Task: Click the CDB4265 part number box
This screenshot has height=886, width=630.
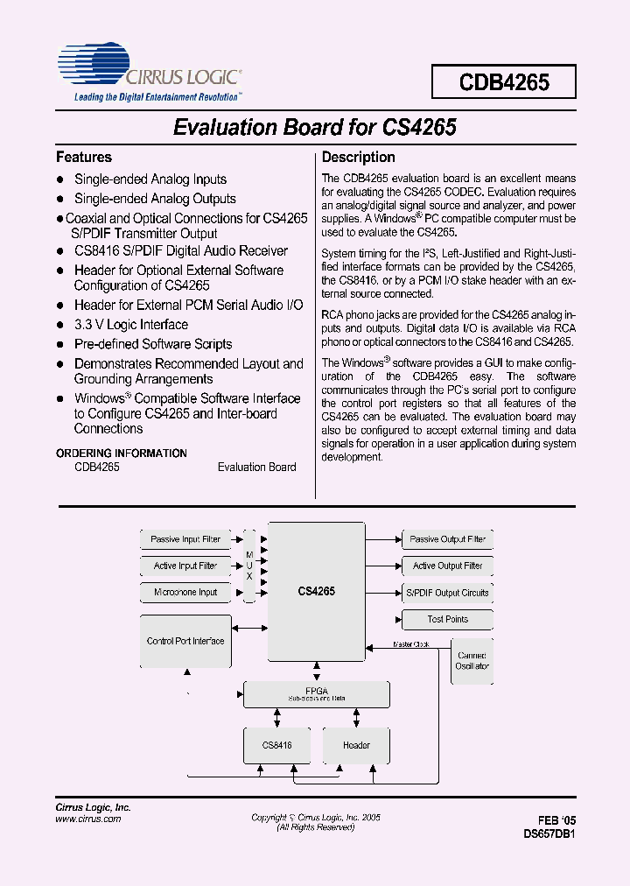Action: [x=504, y=82]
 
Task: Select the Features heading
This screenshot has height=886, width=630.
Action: [x=84, y=158]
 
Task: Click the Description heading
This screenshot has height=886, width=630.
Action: [x=359, y=158]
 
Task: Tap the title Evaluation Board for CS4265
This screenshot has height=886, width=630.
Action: [x=315, y=127]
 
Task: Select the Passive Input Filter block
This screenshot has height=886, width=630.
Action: [x=185, y=539]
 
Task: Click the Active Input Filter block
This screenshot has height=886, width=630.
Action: [x=185, y=566]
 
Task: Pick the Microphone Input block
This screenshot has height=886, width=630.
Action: [x=185, y=593]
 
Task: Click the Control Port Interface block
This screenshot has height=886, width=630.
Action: [x=185, y=642]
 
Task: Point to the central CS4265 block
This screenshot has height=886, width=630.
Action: [x=316, y=592]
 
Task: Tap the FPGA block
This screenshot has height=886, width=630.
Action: [x=316, y=694]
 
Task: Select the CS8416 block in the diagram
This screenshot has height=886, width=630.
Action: [x=276, y=745]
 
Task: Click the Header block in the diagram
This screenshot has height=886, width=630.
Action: [x=356, y=745]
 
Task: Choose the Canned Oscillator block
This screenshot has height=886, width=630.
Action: [x=472, y=661]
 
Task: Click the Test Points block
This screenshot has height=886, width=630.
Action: [x=447, y=619]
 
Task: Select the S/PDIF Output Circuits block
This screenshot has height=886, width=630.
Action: [x=447, y=593]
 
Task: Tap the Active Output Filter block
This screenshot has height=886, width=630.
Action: [x=447, y=566]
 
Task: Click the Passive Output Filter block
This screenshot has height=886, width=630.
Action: [x=447, y=539]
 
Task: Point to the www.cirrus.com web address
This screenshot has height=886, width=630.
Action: [x=88, y=819]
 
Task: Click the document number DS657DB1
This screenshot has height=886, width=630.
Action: [x=549, y=834]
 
